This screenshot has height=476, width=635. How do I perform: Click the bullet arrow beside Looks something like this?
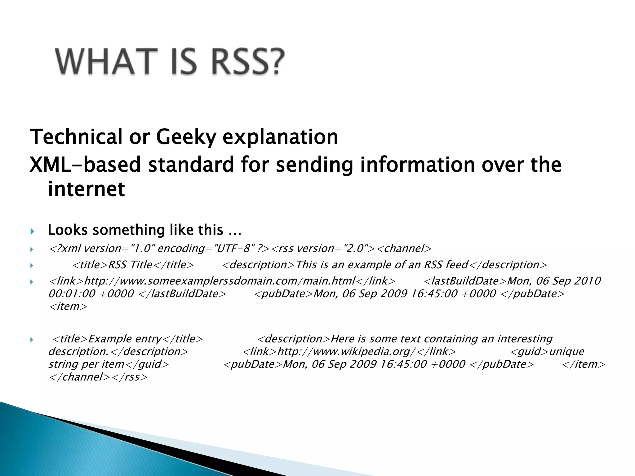click(x=32, y=231)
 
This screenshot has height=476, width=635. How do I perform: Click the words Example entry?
click(x=125, y=339)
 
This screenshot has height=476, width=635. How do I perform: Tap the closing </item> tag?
click(x=583, y=364)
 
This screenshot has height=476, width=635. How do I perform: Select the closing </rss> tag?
click(x=129, y=377)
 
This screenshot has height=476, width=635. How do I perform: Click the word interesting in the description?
click(x=525, y=339)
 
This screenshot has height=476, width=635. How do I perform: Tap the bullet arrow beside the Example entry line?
click(x=32, y=340)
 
